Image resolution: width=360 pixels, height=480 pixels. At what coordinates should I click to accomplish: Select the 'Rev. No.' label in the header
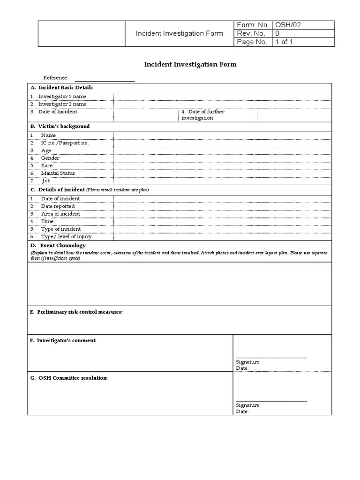coord(251,33)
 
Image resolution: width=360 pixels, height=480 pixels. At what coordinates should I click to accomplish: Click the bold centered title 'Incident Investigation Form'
coord(189,64)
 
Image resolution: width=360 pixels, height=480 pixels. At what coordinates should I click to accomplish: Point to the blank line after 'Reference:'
coord(105,78)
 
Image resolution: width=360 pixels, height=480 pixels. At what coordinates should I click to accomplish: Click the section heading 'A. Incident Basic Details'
coord(61,87)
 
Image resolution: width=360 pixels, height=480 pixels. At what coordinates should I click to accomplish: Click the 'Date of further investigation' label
coord(203,115)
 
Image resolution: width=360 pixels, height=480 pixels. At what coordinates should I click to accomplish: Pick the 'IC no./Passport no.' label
coord(65,142)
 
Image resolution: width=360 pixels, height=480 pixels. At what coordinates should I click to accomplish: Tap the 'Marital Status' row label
coord(58,173)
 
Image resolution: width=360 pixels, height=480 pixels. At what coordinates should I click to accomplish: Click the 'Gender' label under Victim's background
coord(50,158)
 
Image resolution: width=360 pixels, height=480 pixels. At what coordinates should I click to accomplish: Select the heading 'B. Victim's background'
coord(60,126)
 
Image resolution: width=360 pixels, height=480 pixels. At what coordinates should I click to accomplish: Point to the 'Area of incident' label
coord(60,214)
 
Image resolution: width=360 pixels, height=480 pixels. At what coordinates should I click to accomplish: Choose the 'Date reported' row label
coord(58,206)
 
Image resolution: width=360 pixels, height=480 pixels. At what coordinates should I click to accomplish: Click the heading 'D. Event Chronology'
coord(58,245)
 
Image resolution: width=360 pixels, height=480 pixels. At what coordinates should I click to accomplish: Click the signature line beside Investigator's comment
coord(271,357)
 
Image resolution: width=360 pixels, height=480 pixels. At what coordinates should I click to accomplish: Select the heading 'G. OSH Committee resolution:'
coord(69,378)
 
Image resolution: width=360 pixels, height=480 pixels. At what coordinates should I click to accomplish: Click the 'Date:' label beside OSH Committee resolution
coord(242,412)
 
